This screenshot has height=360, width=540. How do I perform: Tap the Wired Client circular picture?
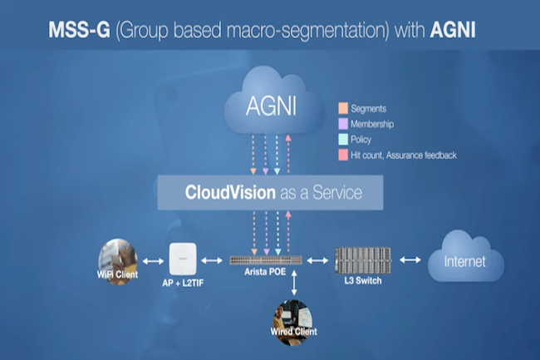(x=293, y=317)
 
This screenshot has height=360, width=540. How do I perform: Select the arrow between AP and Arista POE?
(x=214, y=260)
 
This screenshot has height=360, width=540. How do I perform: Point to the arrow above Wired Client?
(x=293, y=283)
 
